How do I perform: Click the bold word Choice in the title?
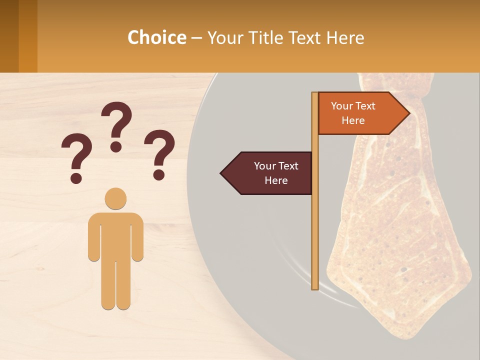pyautogui.click(x=156, y=38)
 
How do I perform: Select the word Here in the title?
pyautogui.click(x=345, y=38)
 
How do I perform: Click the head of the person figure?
pyautogui.click(x=115, y=198)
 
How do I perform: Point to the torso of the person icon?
pyautogui.click(x=115, y=235)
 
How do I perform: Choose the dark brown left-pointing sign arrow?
pyautogui.click(x=267, y=173)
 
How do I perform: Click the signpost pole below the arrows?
pyautogui.click(x=315, y=240)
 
